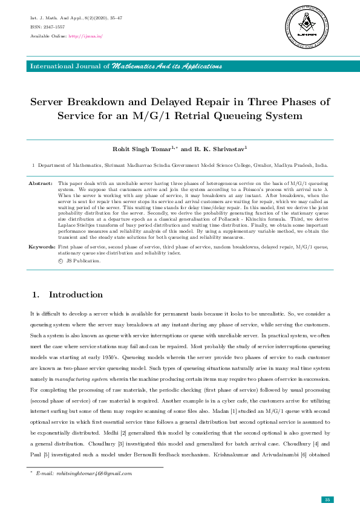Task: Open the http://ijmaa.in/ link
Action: (x=86, y=36)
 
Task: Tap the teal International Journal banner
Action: (x=180, y=66)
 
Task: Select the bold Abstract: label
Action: (x=41, y=182)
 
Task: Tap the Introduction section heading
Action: (x=76, y=295)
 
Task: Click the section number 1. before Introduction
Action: (x=35, y=295)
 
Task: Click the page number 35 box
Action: (x=327, y=499)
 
